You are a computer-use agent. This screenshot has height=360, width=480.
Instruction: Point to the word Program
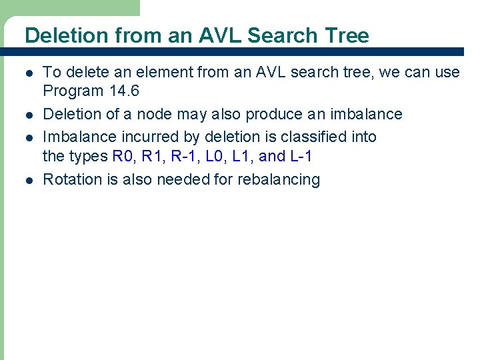[73, 91]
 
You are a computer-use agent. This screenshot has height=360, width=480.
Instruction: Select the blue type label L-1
[300, 157]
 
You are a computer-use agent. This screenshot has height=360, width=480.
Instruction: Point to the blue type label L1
[245, 157]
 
